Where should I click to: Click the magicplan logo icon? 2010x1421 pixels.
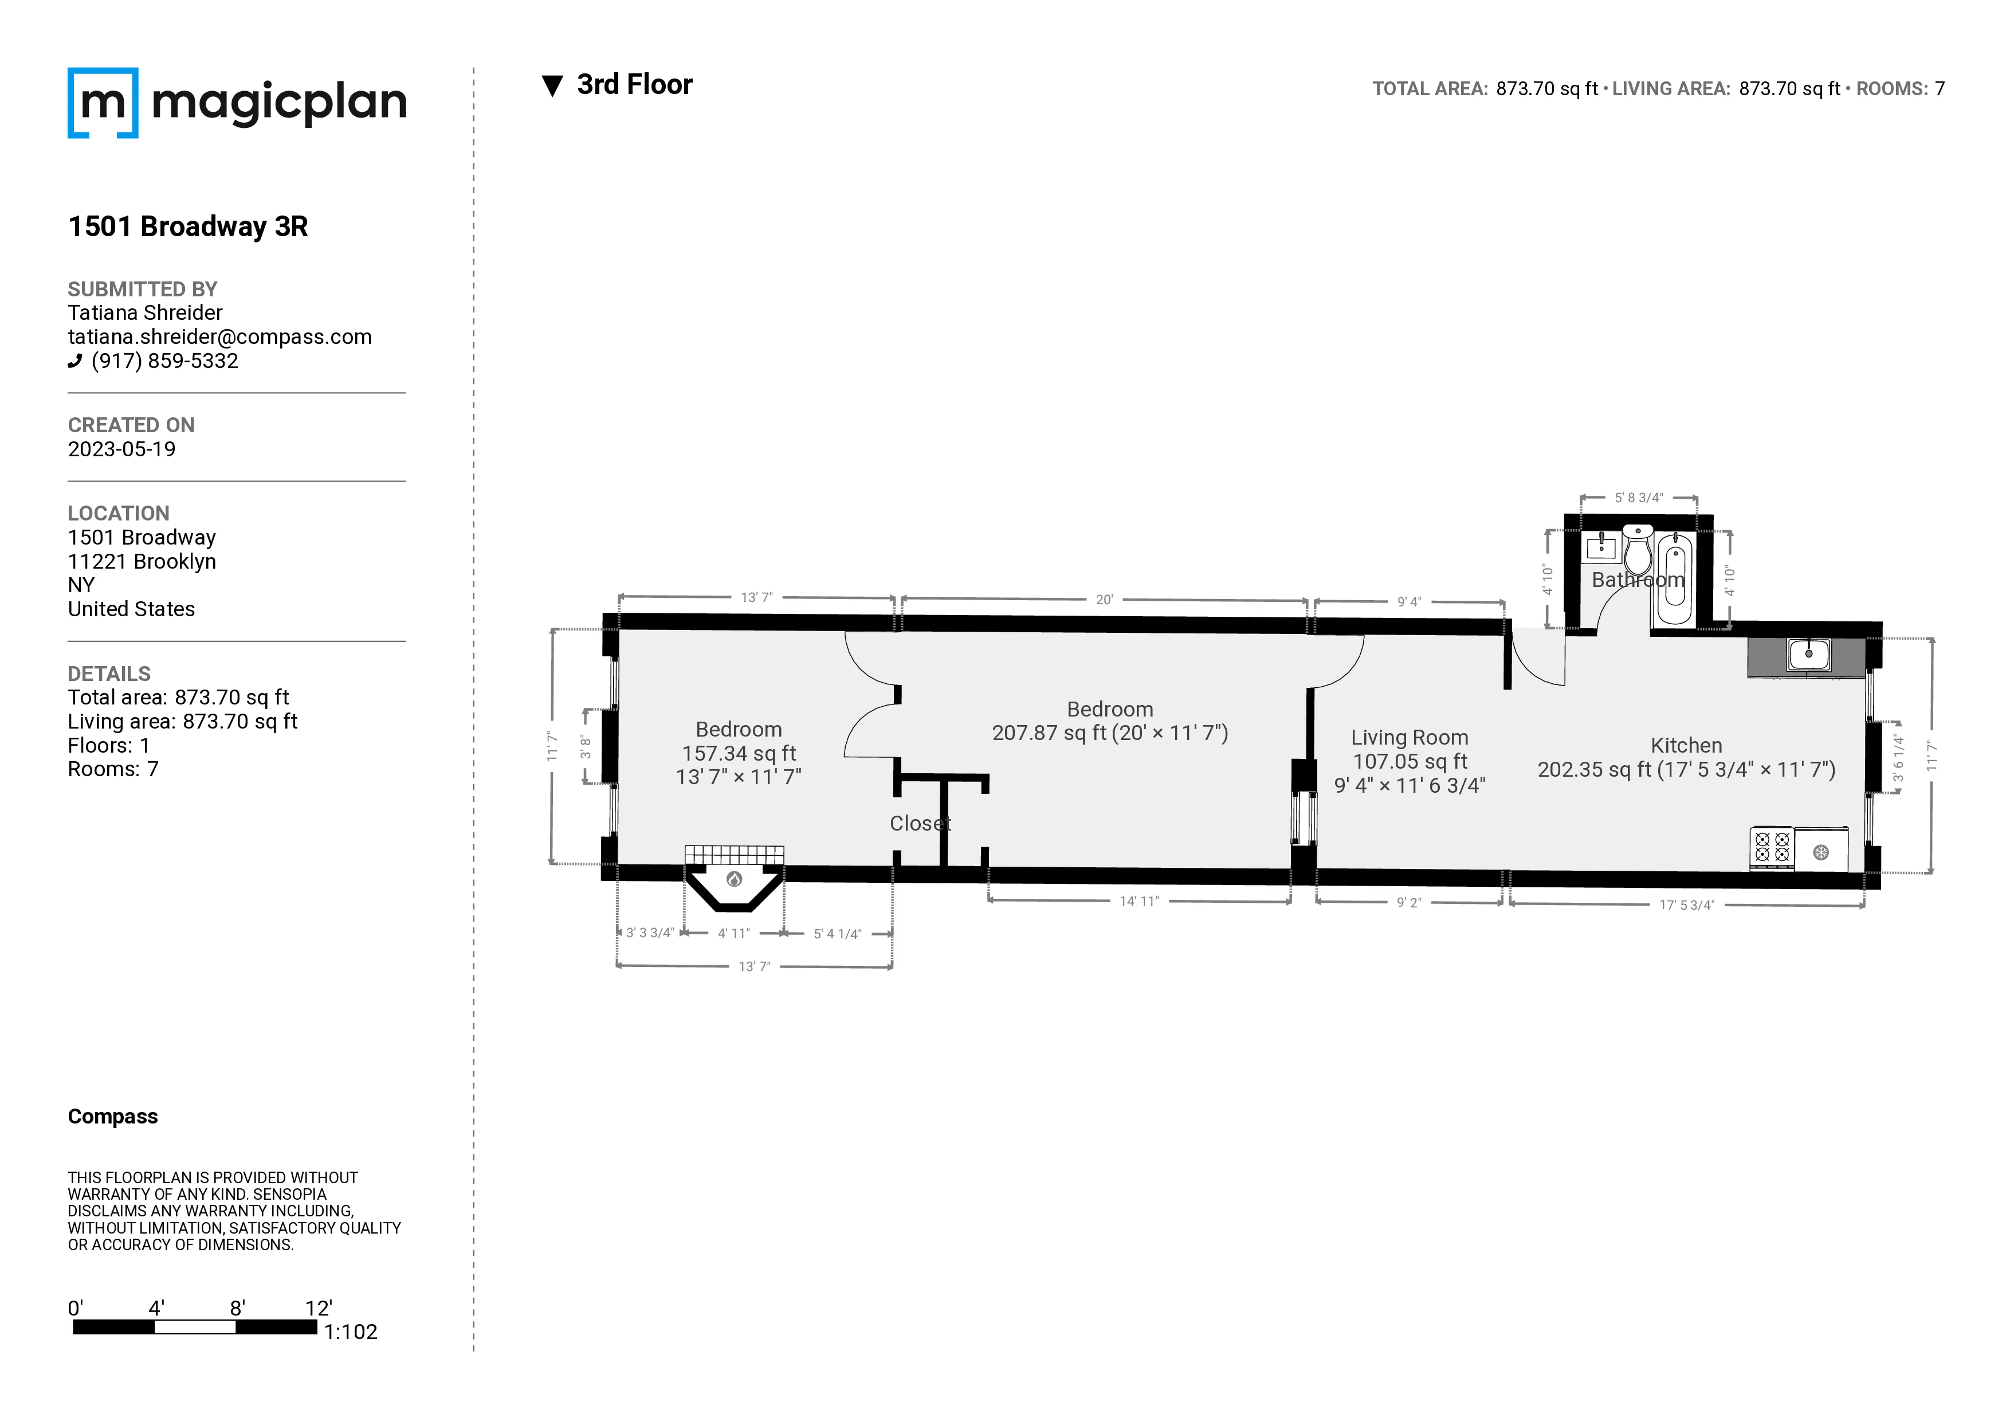tap(103, 103)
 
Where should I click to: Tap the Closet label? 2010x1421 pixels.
tap(919, 823)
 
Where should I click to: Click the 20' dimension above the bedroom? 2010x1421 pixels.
tap(1104, 600)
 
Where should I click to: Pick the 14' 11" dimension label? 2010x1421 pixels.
tap(1139, 901)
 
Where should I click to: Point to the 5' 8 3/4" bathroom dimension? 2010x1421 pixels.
tap(1638, 498)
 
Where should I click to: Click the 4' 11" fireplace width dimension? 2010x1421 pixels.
tap(733, 933)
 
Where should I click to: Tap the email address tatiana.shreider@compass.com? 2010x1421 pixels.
tap(219, 337)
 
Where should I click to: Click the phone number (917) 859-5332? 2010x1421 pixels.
tap(164, 361)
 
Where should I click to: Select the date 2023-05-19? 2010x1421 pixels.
tap(121, 449)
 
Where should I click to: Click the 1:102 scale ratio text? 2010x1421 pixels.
tap(350, 1332)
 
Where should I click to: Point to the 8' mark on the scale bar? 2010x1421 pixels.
tap(237, 1308)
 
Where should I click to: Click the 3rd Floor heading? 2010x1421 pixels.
tap(634, 85)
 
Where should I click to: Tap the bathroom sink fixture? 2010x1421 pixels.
tap(1601, 548)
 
